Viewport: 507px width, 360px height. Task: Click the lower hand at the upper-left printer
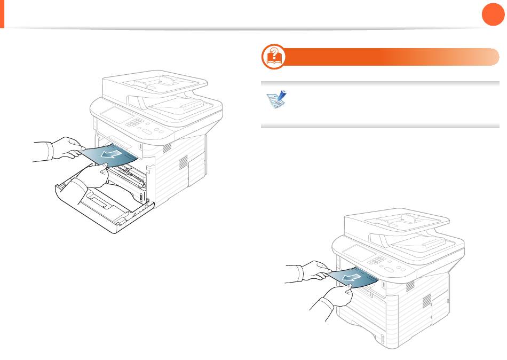(91, 179)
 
